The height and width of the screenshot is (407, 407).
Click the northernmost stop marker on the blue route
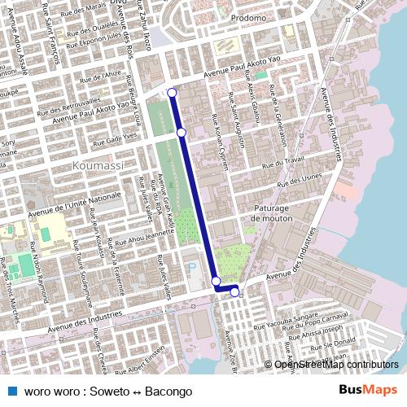[x=172, y=93]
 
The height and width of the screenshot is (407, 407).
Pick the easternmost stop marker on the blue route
[x=234, y=292]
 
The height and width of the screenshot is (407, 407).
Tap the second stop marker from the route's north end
[x=181, y=132]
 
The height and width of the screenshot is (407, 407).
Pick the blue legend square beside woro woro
[x=11, y=391]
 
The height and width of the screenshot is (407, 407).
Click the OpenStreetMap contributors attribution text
[x=336, y=365]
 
